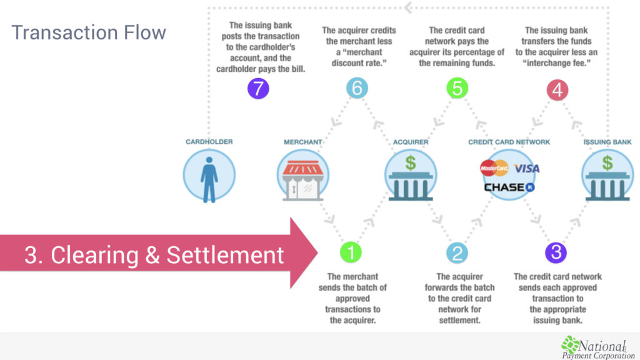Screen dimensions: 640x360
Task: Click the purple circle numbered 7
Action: pyautogui.click(x=258, y=88)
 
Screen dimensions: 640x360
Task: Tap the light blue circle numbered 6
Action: pyautogui.click(x=357, y=87)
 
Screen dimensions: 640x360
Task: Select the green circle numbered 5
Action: pyautogui.click(x=457, y=87)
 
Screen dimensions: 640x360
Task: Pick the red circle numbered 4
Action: pyautogui.click(x=557, y=90)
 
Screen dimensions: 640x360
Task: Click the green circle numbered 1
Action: pyautogui.click(x=351, y=252)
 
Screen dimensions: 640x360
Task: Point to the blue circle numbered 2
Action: pyautogui.click(x=457, y=252)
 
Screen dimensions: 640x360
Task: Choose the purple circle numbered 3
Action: pyautogui.click(x=556, y=252)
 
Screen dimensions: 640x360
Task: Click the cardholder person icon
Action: pyautogui.click(x=209, y=179)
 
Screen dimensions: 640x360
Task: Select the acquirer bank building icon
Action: pyautogui.click(x=411, y=178)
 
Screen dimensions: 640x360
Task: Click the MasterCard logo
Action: pyautogui.click(x=494, y=167)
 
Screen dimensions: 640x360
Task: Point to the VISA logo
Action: pyautogui.click(x=526, y=168)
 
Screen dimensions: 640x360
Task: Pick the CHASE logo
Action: pyautogui.click(x=509, y=187)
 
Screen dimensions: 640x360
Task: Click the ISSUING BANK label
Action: pyautogui.click(x=607, y=142)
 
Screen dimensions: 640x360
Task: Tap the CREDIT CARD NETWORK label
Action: pyautogui.click(x=509, y=142)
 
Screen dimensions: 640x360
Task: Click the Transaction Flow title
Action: pyautogui.click(x=89, y=32)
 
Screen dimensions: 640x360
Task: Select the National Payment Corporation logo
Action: pyautogui.click(x=598, y=347)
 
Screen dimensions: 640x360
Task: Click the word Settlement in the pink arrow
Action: pyautogui.click(x=225, y=255)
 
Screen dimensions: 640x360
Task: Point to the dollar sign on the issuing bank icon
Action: pyautogui.click(x=607, y=163)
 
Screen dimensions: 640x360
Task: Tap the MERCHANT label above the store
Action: pyautogui.click(x=303, y=142)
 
